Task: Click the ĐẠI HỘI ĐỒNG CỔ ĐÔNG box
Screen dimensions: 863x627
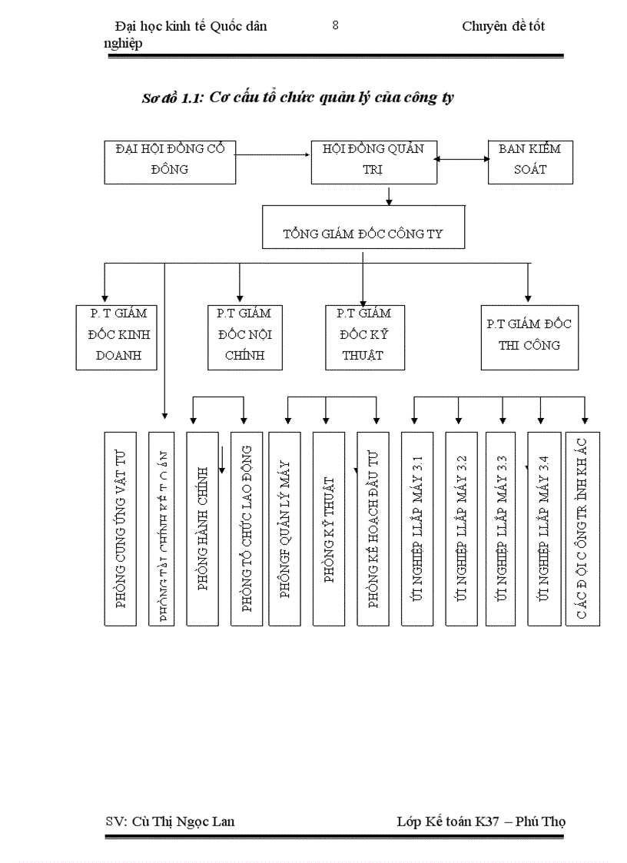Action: [x=170, y=161]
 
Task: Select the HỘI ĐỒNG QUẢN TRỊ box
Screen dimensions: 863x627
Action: [x=374, y=161]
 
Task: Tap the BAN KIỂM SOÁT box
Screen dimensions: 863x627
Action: [x=529, y=161]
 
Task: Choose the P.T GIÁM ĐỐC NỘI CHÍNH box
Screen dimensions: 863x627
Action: [x=244, y=337]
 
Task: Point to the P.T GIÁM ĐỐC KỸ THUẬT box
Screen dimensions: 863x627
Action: [x=365, y=337]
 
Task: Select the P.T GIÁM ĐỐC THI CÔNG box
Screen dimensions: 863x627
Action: [x=529, y=337]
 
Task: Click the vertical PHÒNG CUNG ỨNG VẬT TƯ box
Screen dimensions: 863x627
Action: [x=120, y=528]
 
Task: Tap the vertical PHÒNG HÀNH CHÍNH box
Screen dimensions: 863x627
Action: [x=203, y=528]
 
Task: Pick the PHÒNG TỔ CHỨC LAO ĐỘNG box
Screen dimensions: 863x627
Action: [x=247, y=528]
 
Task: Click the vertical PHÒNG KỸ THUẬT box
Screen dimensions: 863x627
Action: [x=328, y=528]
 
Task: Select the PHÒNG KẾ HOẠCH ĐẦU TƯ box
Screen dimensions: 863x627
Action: [x=373, y=528]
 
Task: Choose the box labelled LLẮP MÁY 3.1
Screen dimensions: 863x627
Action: [x=417, y=528]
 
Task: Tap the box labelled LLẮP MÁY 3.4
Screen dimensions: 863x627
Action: [x=543, y=528]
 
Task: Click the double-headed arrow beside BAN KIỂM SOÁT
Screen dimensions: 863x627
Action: [x=463, y=159]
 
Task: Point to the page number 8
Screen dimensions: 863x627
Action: [x=335, y=25]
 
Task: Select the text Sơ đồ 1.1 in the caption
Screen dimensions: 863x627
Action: [x=171, y=98]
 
